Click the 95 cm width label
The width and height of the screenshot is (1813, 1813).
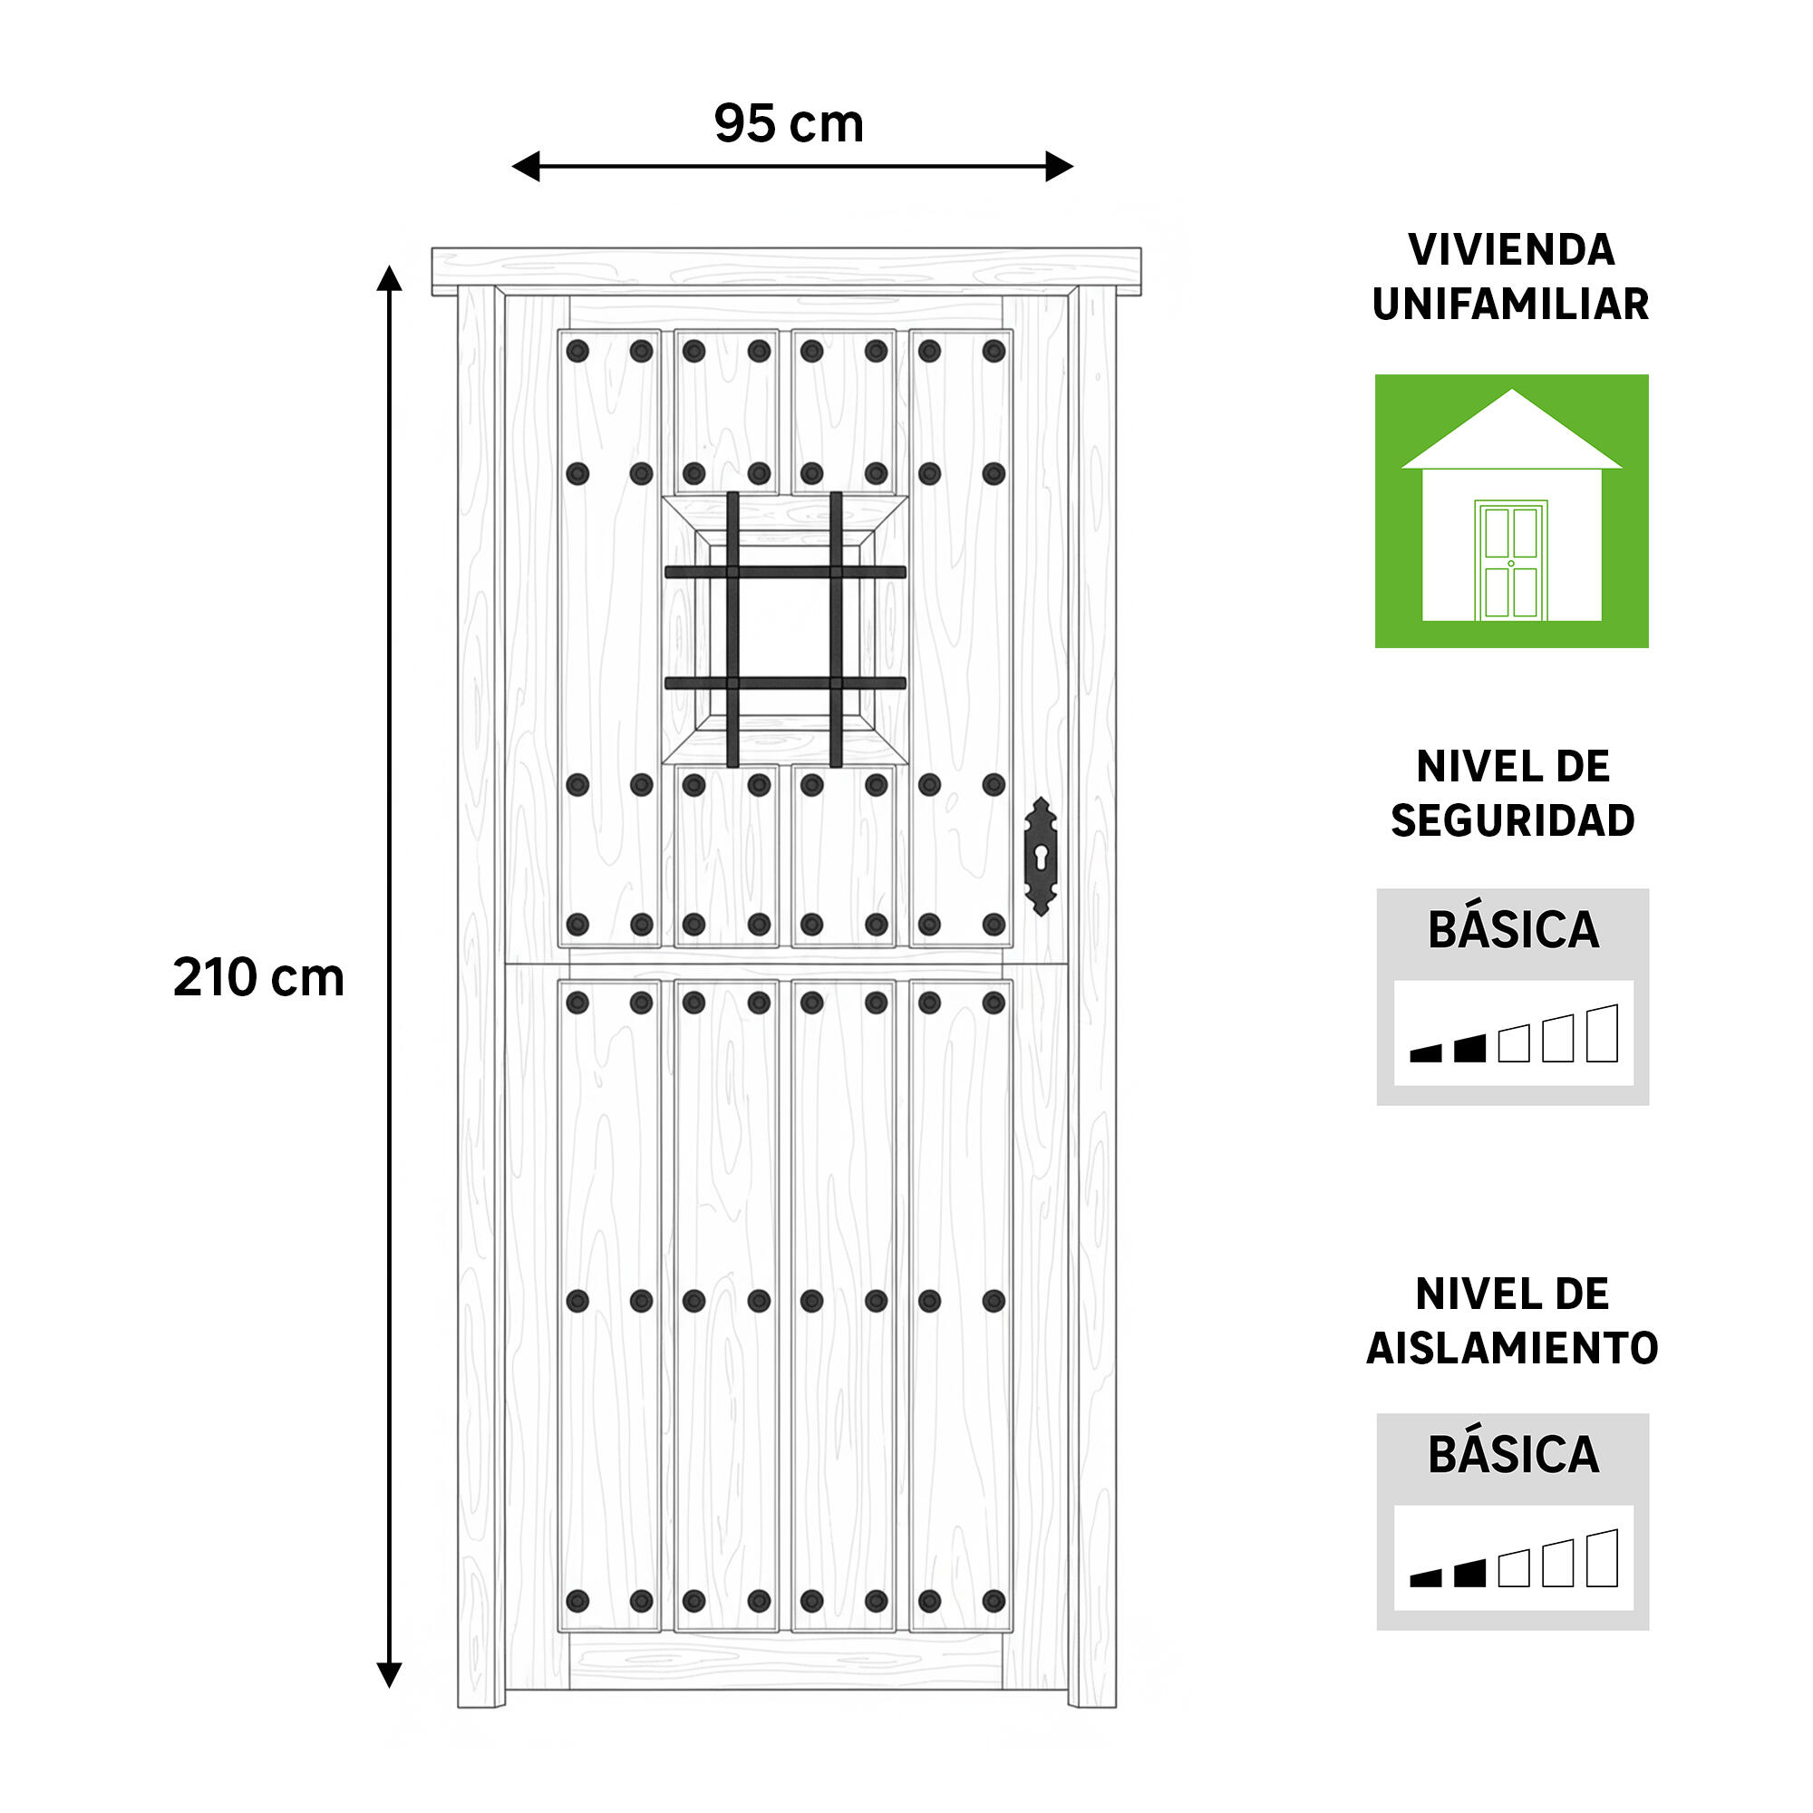tap(789, 123)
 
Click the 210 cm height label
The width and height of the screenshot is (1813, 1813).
tap(259, 977)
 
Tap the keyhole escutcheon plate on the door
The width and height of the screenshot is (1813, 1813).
tap(1041, 856)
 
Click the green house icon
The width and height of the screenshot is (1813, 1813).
tap(1512, 511)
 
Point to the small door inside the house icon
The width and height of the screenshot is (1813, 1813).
tap(1511, 560)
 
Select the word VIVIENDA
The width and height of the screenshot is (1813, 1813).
tap(1512, 249)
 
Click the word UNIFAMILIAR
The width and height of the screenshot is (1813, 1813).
tap(1511, 304)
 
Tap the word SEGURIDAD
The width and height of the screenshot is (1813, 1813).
tap(1513, 821)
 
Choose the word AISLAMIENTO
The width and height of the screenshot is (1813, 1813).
tap(1513, 1349)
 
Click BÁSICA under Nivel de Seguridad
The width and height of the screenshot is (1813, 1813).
tap(1513, 930)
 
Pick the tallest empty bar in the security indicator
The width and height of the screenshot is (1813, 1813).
tap(1603, 1033)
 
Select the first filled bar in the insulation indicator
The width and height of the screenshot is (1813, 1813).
tap(1425, 1578)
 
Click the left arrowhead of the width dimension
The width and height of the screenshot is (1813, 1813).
tap(526, 166)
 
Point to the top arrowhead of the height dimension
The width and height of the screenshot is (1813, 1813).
tap(390, 278)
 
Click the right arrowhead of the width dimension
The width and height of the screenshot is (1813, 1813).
tap(1060, 166)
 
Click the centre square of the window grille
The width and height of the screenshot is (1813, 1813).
tap(784, 628)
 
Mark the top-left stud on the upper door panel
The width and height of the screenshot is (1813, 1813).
tap(578, 351)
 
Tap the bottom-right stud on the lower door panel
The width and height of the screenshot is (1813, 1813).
tap(994, 1601)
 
